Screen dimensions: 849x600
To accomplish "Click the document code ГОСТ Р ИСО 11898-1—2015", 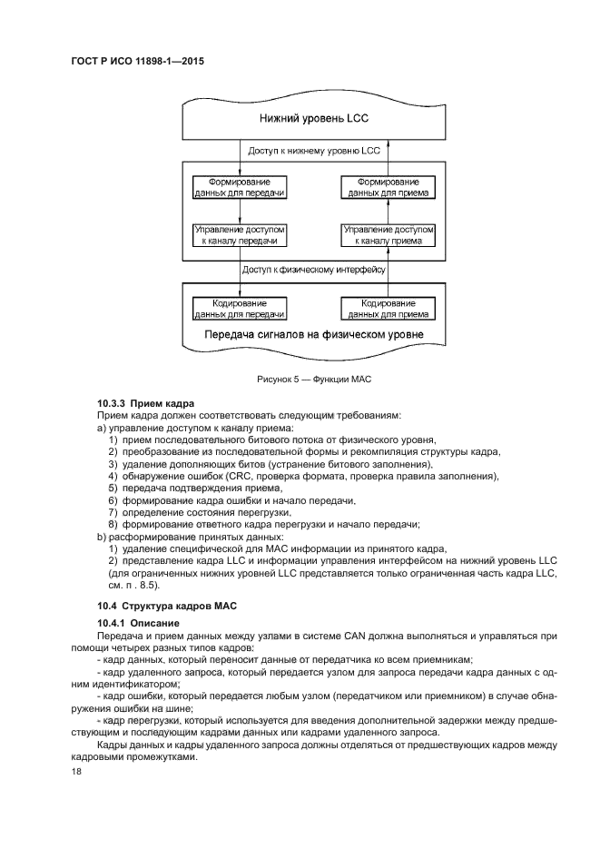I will [x=134, y=64].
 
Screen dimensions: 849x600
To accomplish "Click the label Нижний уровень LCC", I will [x=314, y=118].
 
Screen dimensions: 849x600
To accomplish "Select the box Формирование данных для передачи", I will [x=240, y=187].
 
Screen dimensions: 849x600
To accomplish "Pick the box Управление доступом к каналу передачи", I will [x=240, y=236].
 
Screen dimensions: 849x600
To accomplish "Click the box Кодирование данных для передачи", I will [x=240, y=308].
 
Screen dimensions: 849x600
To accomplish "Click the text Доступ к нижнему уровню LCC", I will [x=314, y=150].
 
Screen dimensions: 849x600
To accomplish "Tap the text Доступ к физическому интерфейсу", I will [x=314, y=270].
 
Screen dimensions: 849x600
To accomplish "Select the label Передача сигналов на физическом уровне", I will [x=314, y=334].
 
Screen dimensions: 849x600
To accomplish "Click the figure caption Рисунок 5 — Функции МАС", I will [x=314, y=377].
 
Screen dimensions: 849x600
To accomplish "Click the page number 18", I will [x=76, y=770].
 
